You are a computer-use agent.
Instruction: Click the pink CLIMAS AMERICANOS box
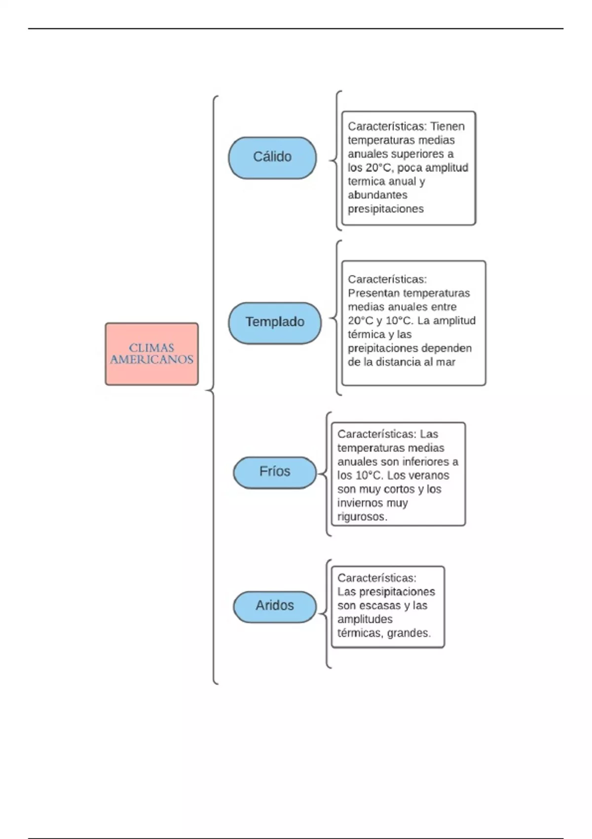(x=151, y=354)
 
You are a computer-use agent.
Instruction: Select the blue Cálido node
(x=272, y=157)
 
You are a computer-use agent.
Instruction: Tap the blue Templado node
(x=275, y=323)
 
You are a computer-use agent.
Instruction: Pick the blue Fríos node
(x=275, y=472)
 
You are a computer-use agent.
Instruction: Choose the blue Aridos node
(x=275, y=606)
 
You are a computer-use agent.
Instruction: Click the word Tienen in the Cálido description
(x=447, y=126)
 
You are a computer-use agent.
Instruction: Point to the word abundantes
(x=377, y=195)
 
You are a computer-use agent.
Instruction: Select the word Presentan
(x=373, y=293)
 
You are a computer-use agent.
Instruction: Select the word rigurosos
(x=362, y=517)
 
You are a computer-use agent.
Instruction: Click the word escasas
(x=377, y=606)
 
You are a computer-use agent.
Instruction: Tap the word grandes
(x=409, y=633)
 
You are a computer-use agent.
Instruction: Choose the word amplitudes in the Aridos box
(x=365, y=619)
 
